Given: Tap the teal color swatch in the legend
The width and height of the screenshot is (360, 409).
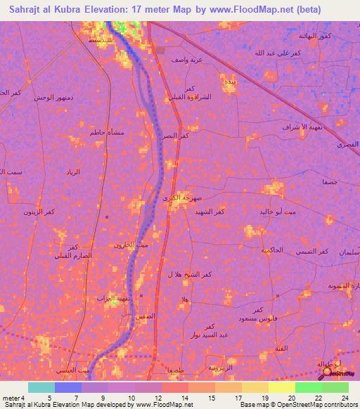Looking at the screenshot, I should tap(41, 387).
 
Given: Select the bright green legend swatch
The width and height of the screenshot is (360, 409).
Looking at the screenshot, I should tap(309, 387).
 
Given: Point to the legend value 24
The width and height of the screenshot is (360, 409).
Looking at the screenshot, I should tap(345, 398).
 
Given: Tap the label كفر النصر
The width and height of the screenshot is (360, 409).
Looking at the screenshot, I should tap(175, 136).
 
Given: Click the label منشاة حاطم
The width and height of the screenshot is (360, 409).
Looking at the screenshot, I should tap(99, 132).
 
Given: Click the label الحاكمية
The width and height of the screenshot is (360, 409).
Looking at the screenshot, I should tap(271, 249).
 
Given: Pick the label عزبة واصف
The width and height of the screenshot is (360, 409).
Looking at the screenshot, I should tap(186, 60).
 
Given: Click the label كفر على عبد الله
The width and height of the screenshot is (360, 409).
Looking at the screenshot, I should tap(277, 53).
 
